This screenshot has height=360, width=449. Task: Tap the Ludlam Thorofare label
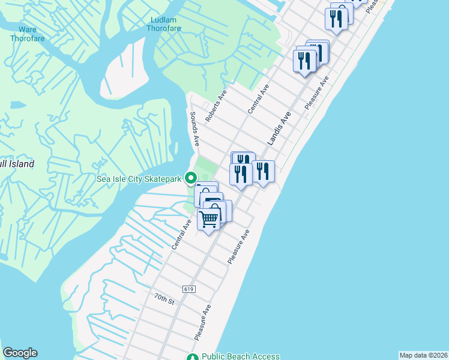(163, 24)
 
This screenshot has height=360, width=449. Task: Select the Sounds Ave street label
(194, 128)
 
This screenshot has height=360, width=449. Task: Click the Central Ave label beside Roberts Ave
(259, 99)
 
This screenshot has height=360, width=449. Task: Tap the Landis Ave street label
(279, 128)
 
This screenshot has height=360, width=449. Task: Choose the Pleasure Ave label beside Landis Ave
(316, 92)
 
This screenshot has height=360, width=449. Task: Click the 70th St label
(163, 300)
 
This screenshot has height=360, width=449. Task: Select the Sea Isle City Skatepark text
(139, 178)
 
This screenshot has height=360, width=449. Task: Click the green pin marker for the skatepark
(191, 178)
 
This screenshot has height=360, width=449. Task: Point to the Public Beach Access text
(241, 356)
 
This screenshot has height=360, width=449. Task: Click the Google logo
(20, 353)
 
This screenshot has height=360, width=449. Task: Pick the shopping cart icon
(209, 220)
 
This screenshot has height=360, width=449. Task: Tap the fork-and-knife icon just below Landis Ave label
(263, 172)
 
